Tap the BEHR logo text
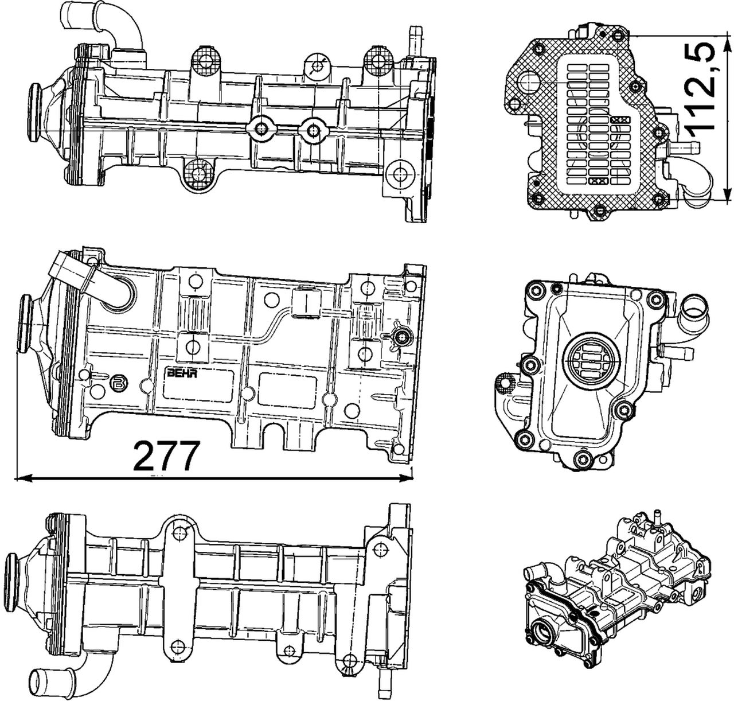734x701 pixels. (x=181, y=373)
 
